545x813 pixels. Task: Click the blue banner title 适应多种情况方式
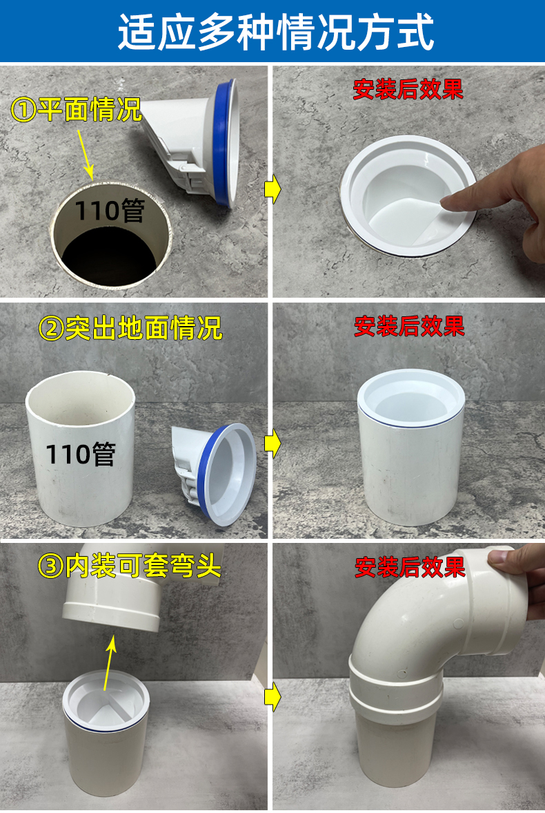click(x=276, y=32)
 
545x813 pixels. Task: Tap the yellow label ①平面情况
click(x=76, y=109)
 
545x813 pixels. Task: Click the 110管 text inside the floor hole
click(x=110, y=211)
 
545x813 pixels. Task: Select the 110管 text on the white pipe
click(x=81, y=455)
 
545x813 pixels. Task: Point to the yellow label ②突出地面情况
click(x=130, y=327)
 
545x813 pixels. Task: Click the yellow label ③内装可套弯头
click(x=130, y=566)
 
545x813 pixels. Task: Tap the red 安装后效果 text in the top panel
click(x=408, y=89)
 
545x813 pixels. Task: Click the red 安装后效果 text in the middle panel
click(x=409, y=326)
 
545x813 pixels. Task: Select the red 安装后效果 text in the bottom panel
click(x=410, y=567)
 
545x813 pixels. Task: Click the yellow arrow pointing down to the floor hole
click(x=86, y=154)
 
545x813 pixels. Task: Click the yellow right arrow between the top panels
click(x=272, y=190)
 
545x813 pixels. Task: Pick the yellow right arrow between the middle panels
click(x=272, y=444)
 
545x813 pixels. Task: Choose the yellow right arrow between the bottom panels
click(x=272, y=698)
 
